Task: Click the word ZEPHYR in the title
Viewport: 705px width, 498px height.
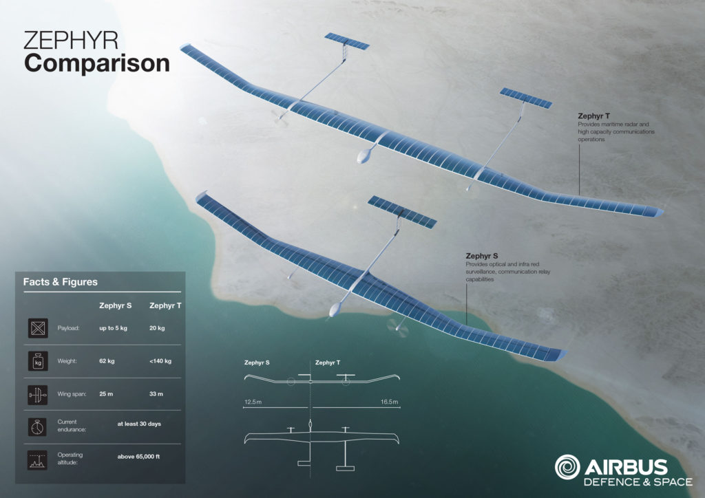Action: (71, 41)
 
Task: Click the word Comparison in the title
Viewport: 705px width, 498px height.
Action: (96, 63)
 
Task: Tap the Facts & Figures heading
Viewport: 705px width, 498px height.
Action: (61, 282)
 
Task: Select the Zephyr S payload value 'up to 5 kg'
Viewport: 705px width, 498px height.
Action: (114, 328)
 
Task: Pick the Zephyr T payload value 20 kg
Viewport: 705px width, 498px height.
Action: (157, 328)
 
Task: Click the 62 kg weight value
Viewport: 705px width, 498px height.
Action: (107, 361)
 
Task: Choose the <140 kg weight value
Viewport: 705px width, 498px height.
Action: (160, 361)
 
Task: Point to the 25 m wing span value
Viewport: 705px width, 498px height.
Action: (106, 394)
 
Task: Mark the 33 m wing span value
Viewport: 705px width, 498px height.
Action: (156, 394)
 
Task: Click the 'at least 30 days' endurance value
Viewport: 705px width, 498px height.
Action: (139, 424)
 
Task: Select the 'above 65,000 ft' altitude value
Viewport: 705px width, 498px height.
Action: (138, 457)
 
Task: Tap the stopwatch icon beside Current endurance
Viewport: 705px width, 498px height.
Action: (37, 427)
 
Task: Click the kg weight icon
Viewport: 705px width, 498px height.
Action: (38, 361)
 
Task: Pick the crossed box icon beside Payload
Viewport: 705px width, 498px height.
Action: (38, 328)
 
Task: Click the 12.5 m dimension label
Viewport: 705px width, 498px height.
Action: (253, 402)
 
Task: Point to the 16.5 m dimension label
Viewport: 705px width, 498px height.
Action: (390, 402)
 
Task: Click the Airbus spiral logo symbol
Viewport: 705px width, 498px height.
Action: (567, 467)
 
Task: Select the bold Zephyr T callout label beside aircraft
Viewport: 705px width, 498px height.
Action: (594, 116)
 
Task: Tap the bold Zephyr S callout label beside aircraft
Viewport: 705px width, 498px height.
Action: (482, 256)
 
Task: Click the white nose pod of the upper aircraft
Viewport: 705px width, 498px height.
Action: (365, 155)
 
